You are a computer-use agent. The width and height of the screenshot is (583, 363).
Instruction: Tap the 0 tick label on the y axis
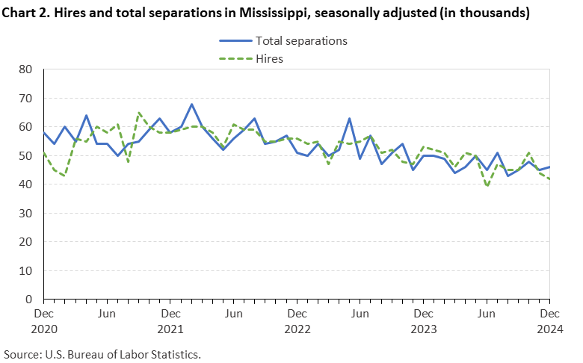pos(31,300)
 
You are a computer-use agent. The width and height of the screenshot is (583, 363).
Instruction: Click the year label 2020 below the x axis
pos(43,329)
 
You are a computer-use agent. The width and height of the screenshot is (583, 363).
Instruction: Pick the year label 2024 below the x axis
pos(549,329)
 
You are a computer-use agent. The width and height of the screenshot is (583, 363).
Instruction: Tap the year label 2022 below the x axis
pos(297,329)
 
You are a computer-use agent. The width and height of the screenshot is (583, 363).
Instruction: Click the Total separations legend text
pos(302,41)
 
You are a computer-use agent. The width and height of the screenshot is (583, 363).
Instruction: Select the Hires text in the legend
pos(269,58)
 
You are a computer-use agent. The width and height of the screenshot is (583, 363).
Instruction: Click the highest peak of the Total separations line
pos(191,104)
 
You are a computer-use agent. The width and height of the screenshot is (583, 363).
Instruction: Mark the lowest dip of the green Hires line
pos(487,187)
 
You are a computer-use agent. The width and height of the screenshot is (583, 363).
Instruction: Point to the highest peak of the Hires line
pos(138,113)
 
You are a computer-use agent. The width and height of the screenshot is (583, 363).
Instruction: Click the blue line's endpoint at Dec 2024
pos(549,167)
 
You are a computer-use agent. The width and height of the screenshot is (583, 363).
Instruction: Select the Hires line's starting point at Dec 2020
pos(44,153)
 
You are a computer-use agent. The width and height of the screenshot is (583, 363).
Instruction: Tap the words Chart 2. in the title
pos(27,13)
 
